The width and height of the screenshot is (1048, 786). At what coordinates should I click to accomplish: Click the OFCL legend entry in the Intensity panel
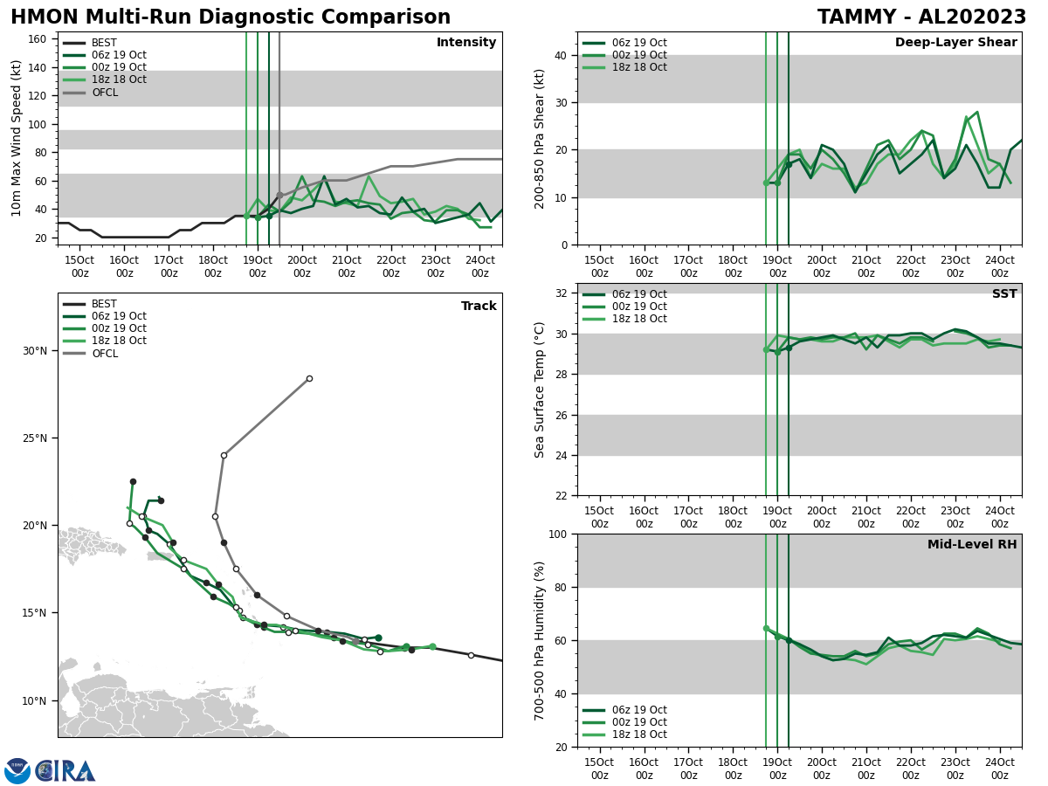(104, 93)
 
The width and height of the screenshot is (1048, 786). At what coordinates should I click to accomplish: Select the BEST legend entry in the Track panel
(104, 305)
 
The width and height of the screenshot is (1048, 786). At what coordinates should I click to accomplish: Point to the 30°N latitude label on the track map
(34, 351)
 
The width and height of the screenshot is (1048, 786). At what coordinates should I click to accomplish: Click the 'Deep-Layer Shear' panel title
(955, 43)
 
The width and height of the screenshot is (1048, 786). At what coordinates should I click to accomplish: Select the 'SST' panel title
(1004, 294)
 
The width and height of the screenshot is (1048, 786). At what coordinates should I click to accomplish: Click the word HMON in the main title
(38, 17)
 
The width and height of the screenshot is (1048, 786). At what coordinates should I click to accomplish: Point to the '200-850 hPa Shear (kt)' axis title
(541, 138)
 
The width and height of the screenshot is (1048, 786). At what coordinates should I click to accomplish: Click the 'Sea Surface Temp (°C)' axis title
(541, 390)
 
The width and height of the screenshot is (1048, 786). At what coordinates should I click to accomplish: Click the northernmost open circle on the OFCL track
(309, 378)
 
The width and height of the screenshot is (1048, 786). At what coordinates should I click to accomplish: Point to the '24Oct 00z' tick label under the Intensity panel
(479, 266)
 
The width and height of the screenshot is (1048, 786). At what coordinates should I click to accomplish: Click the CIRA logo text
(65, 771)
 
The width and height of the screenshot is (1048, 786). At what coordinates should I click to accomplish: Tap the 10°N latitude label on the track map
(34, 700)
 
